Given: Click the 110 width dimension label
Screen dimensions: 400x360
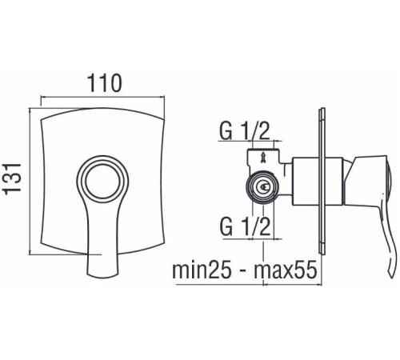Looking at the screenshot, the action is tap(105, 83).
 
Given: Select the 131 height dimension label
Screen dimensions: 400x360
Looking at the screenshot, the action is tap(12, 178).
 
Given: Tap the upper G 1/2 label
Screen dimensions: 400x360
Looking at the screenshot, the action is tap(244, 130).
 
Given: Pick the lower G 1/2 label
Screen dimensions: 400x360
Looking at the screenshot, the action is tap(245, 226).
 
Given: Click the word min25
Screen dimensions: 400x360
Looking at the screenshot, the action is tap(202, 270).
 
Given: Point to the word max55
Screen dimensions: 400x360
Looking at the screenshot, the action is tap(286, 270).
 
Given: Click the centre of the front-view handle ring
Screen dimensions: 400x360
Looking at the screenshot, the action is tap(102, 182).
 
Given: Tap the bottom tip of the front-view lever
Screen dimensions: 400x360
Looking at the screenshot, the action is tap(102, 275).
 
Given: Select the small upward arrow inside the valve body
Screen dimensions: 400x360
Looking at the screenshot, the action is tap(263, 156).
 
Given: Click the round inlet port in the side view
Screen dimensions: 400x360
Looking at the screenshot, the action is tap(263, 186).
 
